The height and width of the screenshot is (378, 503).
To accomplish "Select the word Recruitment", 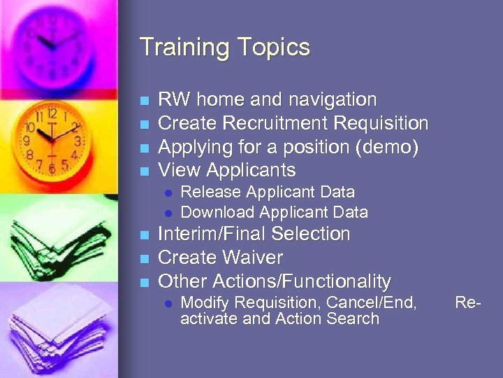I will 276,123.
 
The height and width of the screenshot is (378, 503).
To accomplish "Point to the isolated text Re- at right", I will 468,303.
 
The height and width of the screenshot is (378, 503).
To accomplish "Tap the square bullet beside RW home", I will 145,100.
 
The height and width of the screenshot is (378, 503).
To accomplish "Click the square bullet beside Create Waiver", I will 145,258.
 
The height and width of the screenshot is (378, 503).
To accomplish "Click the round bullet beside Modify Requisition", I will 168,304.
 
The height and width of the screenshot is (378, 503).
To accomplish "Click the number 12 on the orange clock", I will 52,113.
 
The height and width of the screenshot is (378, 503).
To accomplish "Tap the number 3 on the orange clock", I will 78,141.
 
